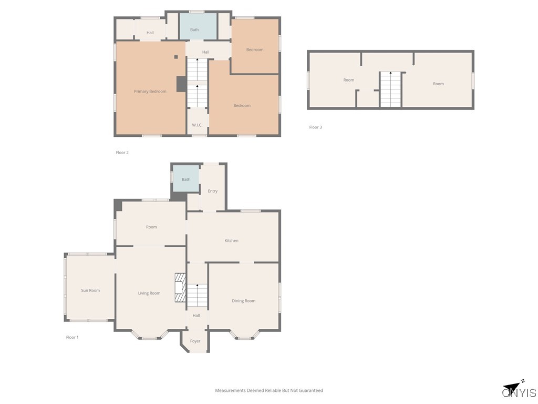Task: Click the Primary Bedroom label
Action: coord(150,92)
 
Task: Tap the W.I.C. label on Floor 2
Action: coord(197,125)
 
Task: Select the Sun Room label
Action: coord(90,290)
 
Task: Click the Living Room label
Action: coord(149,293)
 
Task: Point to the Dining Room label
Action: coord(243,301)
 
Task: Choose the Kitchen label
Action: coord(231,240)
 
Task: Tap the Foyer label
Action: coord(195,341)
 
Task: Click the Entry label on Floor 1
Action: coord(212,191)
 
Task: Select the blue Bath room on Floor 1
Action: coord(186,179)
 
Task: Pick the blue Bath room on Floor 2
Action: coord(198,26)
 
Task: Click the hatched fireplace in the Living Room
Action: coord(180,287)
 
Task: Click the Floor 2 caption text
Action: coord(122,153)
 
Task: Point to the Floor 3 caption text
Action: coord(315,127)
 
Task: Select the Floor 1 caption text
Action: coord(72,337)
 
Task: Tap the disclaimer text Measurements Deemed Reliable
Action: coord(268,390)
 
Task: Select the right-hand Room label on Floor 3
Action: coord(438,84)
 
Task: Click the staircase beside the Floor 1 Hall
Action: coord(198,295)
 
